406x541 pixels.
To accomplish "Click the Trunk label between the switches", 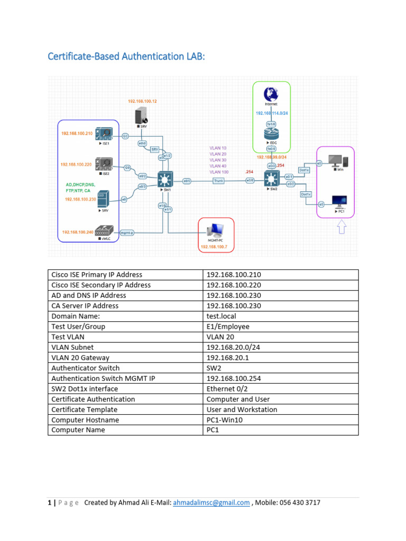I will pos(219,181).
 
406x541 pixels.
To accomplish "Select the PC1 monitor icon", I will pos(338,201).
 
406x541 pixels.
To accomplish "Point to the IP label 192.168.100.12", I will pos(143,100).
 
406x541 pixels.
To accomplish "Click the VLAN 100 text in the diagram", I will pos(219,172).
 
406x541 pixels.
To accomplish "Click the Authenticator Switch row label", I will pos(85,368).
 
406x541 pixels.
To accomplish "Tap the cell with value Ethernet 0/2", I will pos(228,389).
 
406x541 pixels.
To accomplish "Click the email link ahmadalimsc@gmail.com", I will pos(211,503).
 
